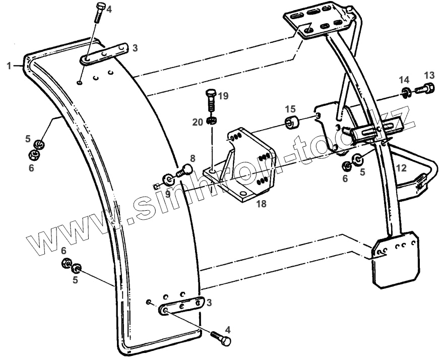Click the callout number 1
pyautogui.click(x=9, y=66)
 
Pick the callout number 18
pyautogui.click(x=261, y=204)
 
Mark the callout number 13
pyautogui.click(x=428, y=75)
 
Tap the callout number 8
pyautogui.click(x=192, y=157)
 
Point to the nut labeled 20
pyautogui.click(x=213, y=121)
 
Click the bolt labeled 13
pyautogui.click(x=423, y=91)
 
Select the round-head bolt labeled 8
pyautogui.click(x=183, y=170)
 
